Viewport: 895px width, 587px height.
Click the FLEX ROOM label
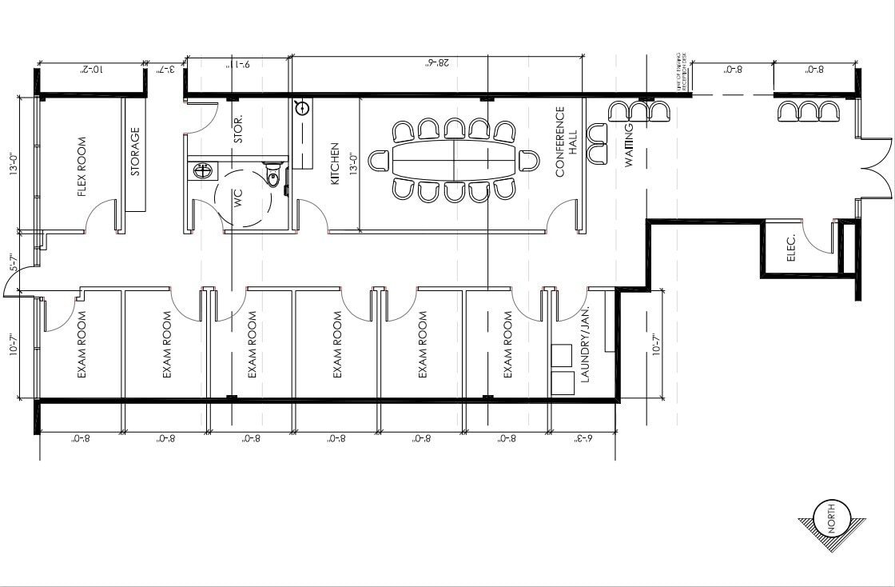pyautogui.click(x=82, y=172)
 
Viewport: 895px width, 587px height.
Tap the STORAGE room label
pyautogui.click(x=135, y=152)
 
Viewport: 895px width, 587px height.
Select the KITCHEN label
pyautogui.click(x=336, y=165)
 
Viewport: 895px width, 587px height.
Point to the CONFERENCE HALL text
pyautogui.click(x=565, y=142)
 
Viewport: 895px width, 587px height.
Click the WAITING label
pyautogui.click(x=629, y=145)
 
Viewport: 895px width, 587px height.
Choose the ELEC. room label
pyautogui.click(x=792, y=248)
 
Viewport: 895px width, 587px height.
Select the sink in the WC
pyautogui.click(x=203, y=170)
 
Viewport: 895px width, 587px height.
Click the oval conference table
pyautogui.click(x=453, y=161)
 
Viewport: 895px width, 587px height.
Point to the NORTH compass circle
pyautogui.click(x=832, y=519)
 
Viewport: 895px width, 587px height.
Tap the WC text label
pyautogui.click(x=237, y=198)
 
